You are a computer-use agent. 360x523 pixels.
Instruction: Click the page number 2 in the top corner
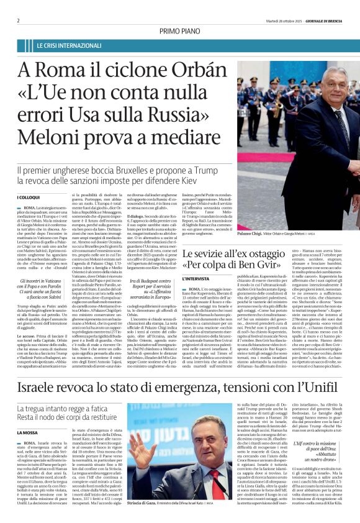(x=19, y=20)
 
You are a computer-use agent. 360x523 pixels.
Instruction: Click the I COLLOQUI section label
(x=27, y=198)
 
